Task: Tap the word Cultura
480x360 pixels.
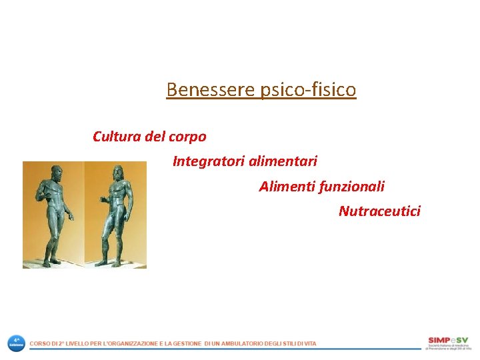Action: click(116, 137)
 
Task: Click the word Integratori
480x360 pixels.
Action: click(207, 161)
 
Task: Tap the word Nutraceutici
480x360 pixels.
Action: click(379, 211)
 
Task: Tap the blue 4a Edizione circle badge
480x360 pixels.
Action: click(16, 343)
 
